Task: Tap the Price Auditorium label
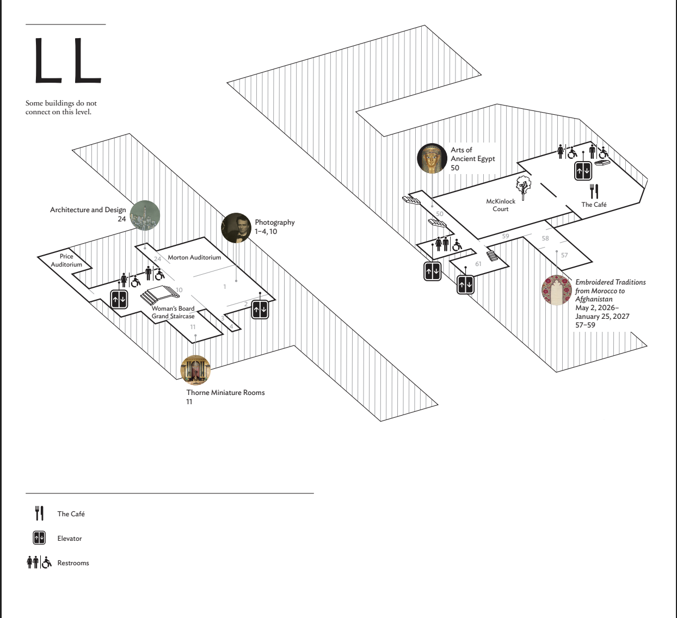tap(66, 261)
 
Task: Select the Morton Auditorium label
tap(194, 257)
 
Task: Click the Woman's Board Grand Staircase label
tap(173, 312)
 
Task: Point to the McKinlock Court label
tap(501, 205)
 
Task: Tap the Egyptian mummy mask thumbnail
tap(432, 159)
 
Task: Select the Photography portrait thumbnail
tap(236, 227)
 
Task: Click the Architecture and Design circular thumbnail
tap(145, 215)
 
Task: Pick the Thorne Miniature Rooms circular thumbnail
tap(195, 370)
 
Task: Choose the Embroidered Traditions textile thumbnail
tap(556, 290)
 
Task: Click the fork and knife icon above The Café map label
tap(594, 191)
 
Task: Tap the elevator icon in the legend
tap(39, 538)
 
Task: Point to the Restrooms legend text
tap(73, 563)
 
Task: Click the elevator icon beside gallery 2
tap(260, 310)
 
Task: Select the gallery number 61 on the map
tap(478, 264)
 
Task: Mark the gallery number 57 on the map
tap(564, 255)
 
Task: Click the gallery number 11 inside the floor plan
tap(193, 327)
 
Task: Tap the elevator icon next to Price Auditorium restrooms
tap(119, 299)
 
